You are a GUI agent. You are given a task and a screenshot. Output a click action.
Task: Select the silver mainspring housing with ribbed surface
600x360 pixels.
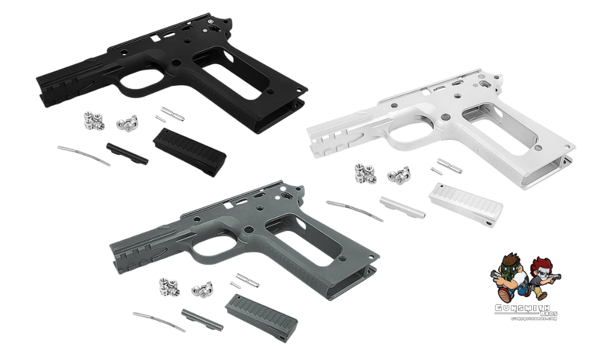click(x=466, y=203)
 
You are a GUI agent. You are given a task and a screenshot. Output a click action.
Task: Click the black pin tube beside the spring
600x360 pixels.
click(x=127, y=153)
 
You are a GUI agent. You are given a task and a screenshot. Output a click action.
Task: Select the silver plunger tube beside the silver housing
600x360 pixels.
click(x=402, y=207)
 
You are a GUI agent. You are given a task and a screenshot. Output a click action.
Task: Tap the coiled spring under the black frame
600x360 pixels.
click(x=84, y=155)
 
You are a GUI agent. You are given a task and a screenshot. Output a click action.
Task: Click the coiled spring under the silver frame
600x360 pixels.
click(x=354, y=210)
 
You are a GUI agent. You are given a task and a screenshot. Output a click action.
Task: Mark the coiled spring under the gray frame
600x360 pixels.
click(x=159, y=321)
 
